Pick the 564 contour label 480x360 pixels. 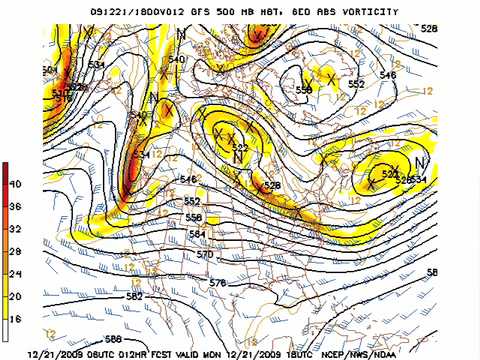pos(198,234)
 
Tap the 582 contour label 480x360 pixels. pos(134,297)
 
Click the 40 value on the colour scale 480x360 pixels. pos(16,185)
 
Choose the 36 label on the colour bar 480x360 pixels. pos(16,207)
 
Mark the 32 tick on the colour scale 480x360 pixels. pos(16,229)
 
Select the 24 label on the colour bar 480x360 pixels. pos(16,273)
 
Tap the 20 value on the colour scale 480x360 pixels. pos(16,295)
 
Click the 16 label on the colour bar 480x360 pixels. pos(16,317)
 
